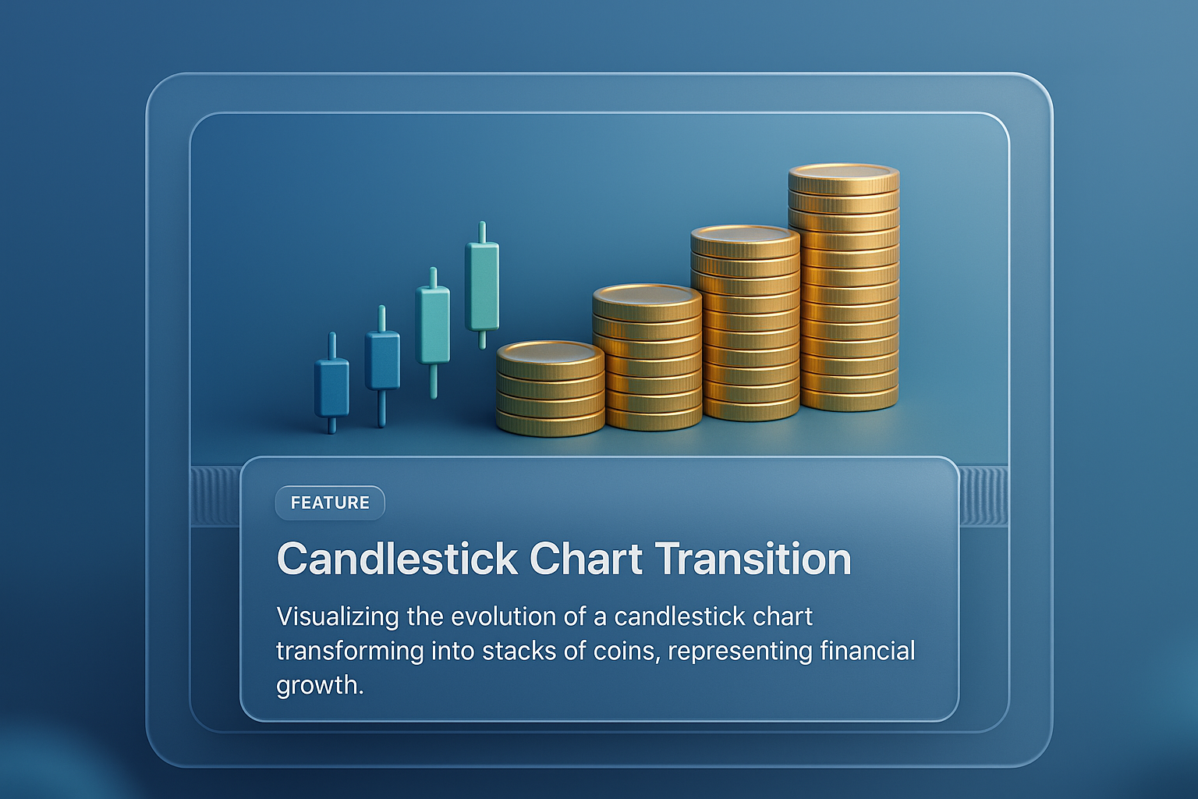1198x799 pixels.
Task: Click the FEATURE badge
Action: pos(330,502)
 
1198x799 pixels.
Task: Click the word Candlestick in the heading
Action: pos(397,559)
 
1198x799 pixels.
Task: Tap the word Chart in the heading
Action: pos(586,559)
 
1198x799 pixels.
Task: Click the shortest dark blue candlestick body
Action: pos(331,388)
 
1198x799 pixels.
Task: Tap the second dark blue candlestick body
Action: pos(382,360)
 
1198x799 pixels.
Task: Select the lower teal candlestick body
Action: pos(433,325)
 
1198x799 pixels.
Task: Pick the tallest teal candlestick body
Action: pos(483,286)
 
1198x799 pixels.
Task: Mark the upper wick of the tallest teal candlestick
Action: pos(483,232)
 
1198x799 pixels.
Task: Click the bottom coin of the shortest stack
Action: pos(551,423)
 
